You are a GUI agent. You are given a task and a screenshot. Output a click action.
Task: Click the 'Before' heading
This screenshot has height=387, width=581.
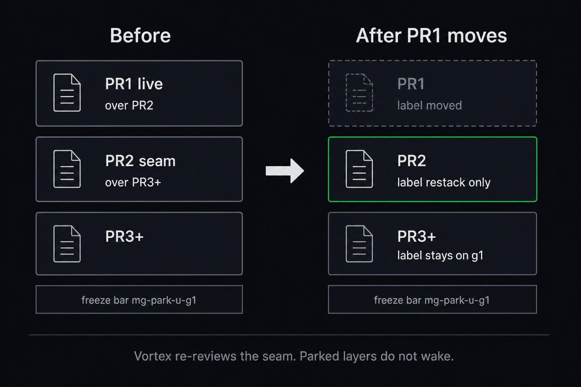pos(140,36)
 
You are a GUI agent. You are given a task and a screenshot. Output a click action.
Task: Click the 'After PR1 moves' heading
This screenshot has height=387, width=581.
pos(431,36)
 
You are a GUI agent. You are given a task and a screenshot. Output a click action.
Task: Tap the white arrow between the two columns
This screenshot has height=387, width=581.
pos(285,171)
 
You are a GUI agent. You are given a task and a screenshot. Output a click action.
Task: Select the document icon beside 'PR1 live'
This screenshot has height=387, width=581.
pos(67,93)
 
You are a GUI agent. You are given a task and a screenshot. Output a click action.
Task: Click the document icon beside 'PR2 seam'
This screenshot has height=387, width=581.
pos(67,169)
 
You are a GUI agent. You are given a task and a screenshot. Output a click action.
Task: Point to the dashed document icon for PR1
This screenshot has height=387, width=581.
pos(359,93)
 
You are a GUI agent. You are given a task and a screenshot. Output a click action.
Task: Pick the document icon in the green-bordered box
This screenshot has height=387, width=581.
pos(359,169)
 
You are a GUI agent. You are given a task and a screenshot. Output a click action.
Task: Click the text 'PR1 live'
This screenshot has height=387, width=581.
pos(134,84)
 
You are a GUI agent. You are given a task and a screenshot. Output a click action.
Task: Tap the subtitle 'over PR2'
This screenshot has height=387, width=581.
pos(129,106)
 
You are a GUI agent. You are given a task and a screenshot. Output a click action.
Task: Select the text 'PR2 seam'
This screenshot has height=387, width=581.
pos(140,161)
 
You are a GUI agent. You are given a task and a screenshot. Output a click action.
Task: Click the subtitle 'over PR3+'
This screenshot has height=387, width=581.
pos(133,182)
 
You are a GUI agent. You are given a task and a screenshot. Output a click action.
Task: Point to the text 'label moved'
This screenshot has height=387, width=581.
pos(430,106)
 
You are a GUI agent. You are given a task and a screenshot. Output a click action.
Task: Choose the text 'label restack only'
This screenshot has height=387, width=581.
pos(444,182)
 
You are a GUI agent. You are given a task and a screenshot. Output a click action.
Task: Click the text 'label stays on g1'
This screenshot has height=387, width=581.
pos(440,256)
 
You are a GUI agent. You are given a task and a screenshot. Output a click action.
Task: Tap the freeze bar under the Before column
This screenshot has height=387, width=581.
pos(139,300)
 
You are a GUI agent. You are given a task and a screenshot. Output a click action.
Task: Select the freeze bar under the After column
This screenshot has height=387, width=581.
pos(432,300)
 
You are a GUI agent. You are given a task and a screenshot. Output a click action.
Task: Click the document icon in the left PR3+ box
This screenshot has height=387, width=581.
pos(67,244)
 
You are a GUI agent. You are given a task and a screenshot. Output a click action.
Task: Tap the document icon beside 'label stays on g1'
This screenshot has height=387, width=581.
pos(359,244)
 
